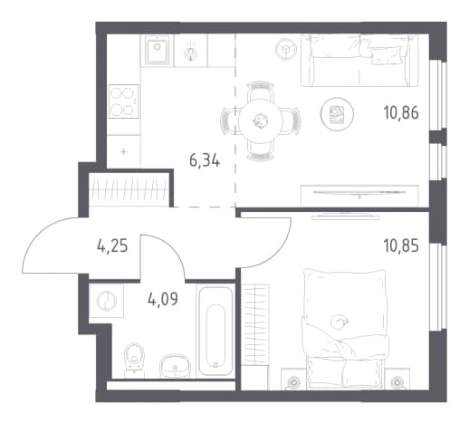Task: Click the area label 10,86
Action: coord(401,113)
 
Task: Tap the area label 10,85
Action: coord(401,246)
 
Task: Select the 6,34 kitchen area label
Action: coord(205,160)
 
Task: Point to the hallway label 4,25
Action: coord(112,246)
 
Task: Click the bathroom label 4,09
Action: coord(163,299)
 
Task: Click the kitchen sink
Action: coord(157,50)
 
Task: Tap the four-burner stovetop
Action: coord(123,101)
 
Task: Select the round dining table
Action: coord(261,120)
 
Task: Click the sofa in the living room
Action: coord(359,61)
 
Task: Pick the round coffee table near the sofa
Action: coord(337,114)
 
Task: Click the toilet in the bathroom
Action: coord(134,360)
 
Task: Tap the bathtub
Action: coord(215,331)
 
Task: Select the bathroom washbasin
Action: coord(175,365)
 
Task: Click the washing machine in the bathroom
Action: coord(107,301)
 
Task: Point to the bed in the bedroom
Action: coord(345,328)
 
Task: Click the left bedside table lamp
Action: coord(293,382)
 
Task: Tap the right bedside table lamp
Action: coord(397,382)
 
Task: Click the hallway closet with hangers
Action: coord(129,189)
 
